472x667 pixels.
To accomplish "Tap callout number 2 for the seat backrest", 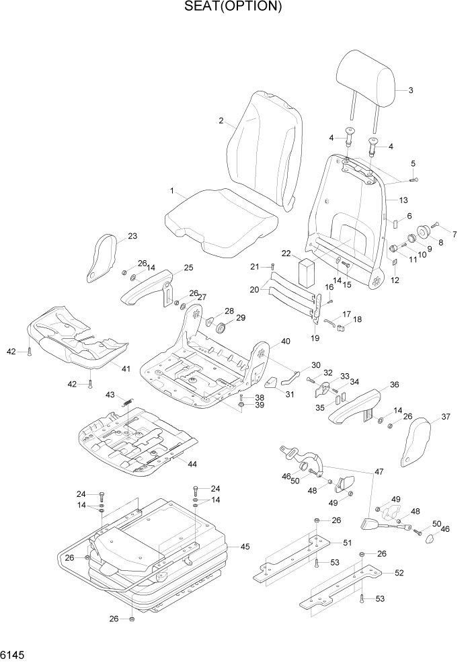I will pos(221,121).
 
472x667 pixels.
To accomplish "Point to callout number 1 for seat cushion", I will pos(172,192).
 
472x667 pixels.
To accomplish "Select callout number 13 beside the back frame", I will pos(403,200).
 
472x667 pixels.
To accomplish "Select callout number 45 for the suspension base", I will pos(245,547).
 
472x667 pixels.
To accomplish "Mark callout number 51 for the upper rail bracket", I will pos(347,543).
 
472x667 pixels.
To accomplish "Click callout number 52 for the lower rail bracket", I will pos(399,573).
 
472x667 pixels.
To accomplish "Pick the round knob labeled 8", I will pos(424,233).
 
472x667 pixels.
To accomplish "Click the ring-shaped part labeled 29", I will pos(221,329).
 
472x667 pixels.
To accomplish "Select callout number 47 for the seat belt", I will pos(379,473).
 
